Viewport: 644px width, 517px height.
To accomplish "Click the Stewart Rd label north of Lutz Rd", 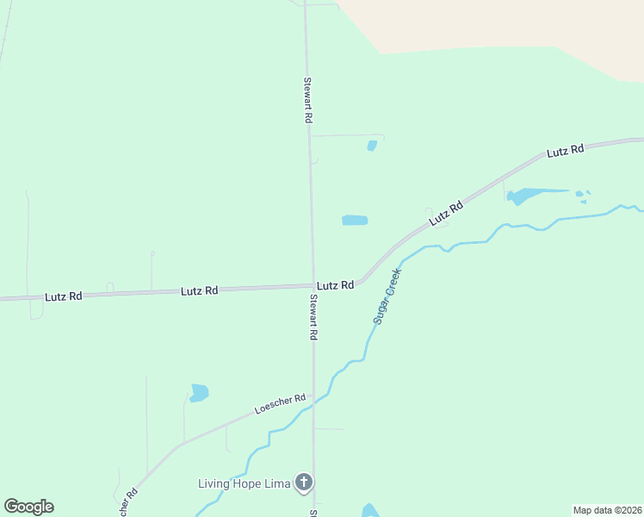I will click(x=307, y=101).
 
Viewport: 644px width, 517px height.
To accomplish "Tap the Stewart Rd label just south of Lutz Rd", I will click(x=314, y=317).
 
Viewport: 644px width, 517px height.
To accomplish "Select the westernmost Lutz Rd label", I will click(x=64, y=296).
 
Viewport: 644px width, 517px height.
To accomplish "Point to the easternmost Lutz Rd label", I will click(x=566, y=151).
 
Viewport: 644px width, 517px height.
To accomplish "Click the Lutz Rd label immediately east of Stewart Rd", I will click(x=335, y=285).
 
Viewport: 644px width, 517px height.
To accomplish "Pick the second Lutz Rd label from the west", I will click(x=199, y=291).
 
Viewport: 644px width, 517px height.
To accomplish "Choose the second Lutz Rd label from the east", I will click(x=447, y=213).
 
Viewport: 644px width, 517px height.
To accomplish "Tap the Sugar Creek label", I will click(x=387, y=296).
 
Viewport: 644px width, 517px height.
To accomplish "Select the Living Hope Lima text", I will click(x=244, y=483).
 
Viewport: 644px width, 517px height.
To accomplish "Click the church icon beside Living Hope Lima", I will click(x=303, y=483).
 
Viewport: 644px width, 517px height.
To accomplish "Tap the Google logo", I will click(x=28, y=507).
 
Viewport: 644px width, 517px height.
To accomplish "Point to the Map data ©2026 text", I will click(x=607, y=510).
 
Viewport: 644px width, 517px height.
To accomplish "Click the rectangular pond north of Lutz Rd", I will click(x=355, y=221).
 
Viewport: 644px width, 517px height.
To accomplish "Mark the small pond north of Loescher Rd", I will click(x=199, y=393).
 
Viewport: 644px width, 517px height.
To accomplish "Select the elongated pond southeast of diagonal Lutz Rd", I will click(x=531, y=195).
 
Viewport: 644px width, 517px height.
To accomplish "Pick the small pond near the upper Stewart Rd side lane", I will click(x=372, y=146).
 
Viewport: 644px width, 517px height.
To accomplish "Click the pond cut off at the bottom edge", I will click(x=370, y=511).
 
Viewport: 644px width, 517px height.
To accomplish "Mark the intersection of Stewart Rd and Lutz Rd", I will click(x=312, y=286).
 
